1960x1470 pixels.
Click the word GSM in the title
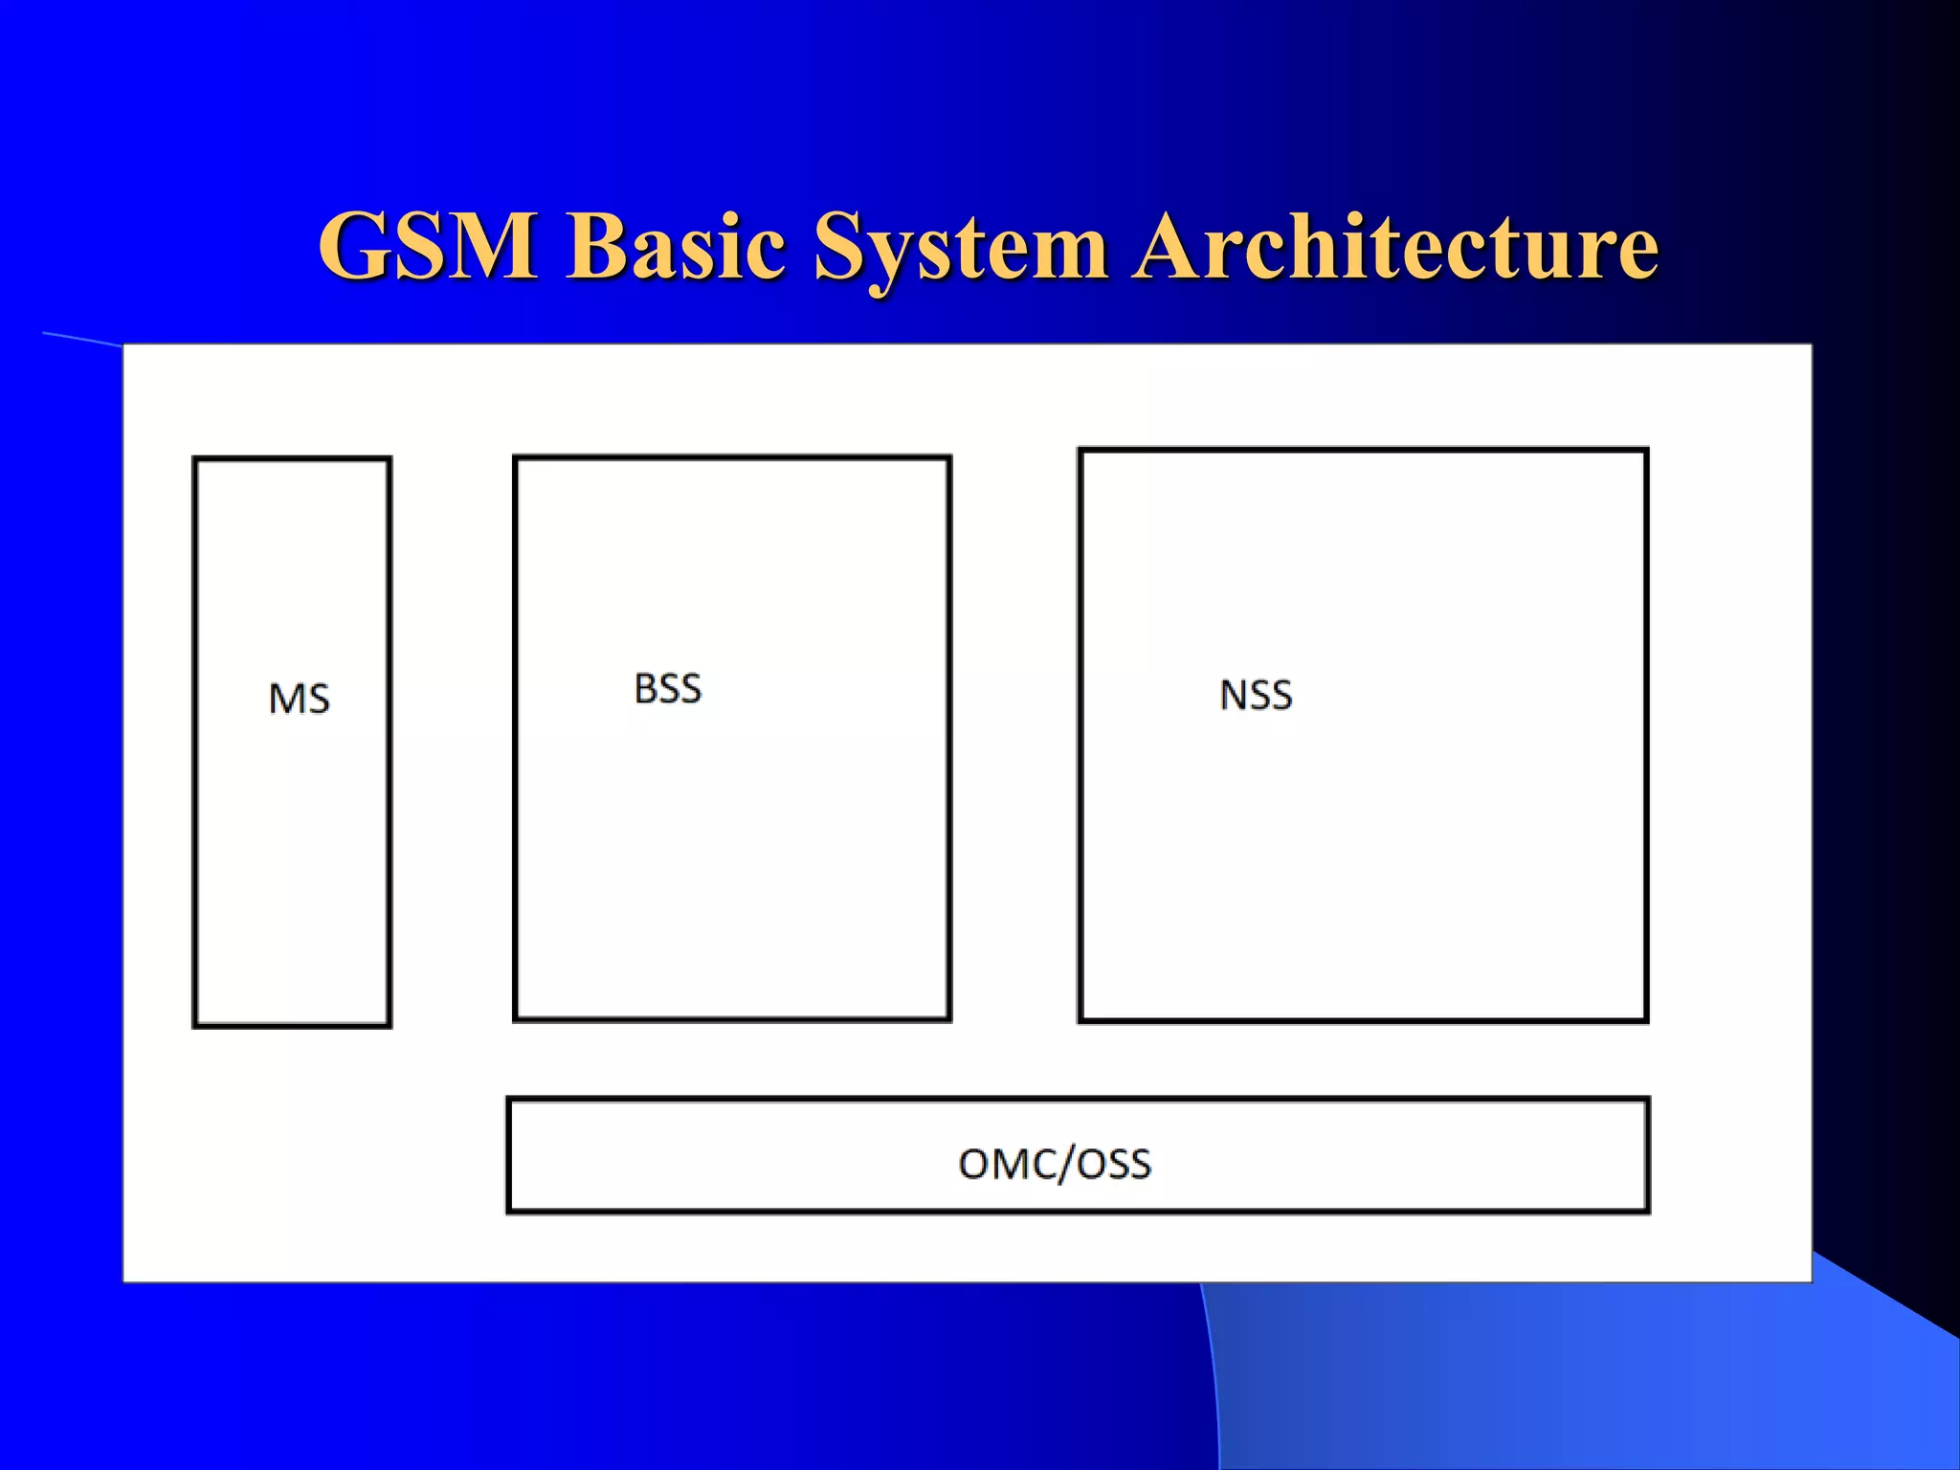pos(428,247)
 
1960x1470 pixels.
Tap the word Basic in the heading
pos(676,247)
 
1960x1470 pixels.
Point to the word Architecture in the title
pos(1395,247)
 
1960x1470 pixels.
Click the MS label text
pos(299,699)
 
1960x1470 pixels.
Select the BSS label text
pos(668,689)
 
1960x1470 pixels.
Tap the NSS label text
pos(1256,695)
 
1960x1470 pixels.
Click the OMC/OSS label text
pos(1055,1164)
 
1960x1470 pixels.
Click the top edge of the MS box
pos(292,459)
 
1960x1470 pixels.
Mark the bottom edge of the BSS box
pos(732,1019)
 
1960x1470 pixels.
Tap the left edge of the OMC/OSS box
pos(509,1156)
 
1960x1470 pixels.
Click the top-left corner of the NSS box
pos(1080,450)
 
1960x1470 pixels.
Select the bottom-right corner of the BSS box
pos(949,1019)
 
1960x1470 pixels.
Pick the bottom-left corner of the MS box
pos(195,1026)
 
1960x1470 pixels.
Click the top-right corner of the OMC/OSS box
pos(1648,1101)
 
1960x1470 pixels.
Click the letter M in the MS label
pos(285,699)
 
